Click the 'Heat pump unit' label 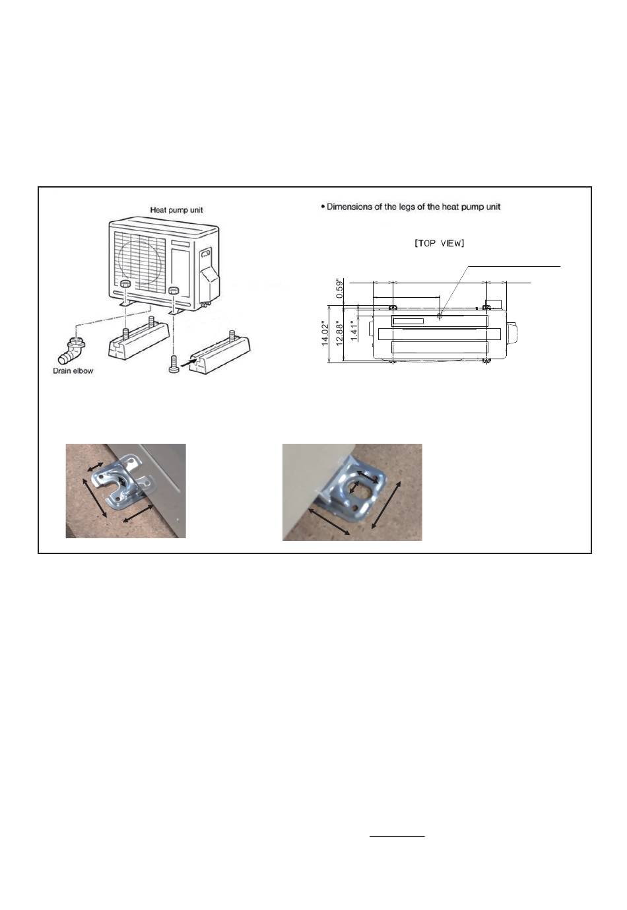pos(176,210)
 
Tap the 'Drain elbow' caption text pos(73,370)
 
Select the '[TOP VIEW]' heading pos(439,243)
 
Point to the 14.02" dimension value pos(325,333)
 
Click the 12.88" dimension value pos(341,333)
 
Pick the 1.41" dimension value pos(354,330)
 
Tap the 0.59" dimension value pos(341,288)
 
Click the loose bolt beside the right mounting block pos(173,363)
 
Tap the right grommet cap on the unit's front pos(174,290)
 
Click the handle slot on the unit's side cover pos(205,254)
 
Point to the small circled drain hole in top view pos(440,315)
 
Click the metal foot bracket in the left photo pos(122,481)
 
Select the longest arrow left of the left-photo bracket pos(94,498)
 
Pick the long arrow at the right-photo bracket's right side pos(387,505)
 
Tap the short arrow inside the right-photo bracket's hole pos(354,487)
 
